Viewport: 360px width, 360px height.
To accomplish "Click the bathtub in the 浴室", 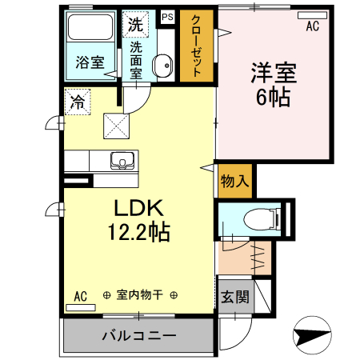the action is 90,27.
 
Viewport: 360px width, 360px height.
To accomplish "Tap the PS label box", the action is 167,17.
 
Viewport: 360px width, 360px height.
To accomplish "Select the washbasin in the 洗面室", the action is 162,66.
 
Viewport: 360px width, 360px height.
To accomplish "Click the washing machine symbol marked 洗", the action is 135,24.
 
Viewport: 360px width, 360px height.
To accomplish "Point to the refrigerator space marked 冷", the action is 78,102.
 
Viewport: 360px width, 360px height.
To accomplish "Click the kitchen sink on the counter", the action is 122,161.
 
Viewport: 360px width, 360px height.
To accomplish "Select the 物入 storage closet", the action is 235,182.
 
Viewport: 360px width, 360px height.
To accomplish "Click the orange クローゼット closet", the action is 197,46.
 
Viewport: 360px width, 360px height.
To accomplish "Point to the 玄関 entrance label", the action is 235,297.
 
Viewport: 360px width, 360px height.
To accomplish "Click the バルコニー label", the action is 139,335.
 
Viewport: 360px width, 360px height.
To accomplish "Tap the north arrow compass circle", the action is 312,335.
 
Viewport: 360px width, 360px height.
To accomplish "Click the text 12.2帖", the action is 138,232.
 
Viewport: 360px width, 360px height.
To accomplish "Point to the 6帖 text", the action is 273,97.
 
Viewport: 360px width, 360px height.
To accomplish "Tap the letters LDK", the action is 138,208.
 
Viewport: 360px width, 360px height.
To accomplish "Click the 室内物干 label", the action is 140,295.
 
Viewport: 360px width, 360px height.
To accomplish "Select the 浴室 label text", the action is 90,62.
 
